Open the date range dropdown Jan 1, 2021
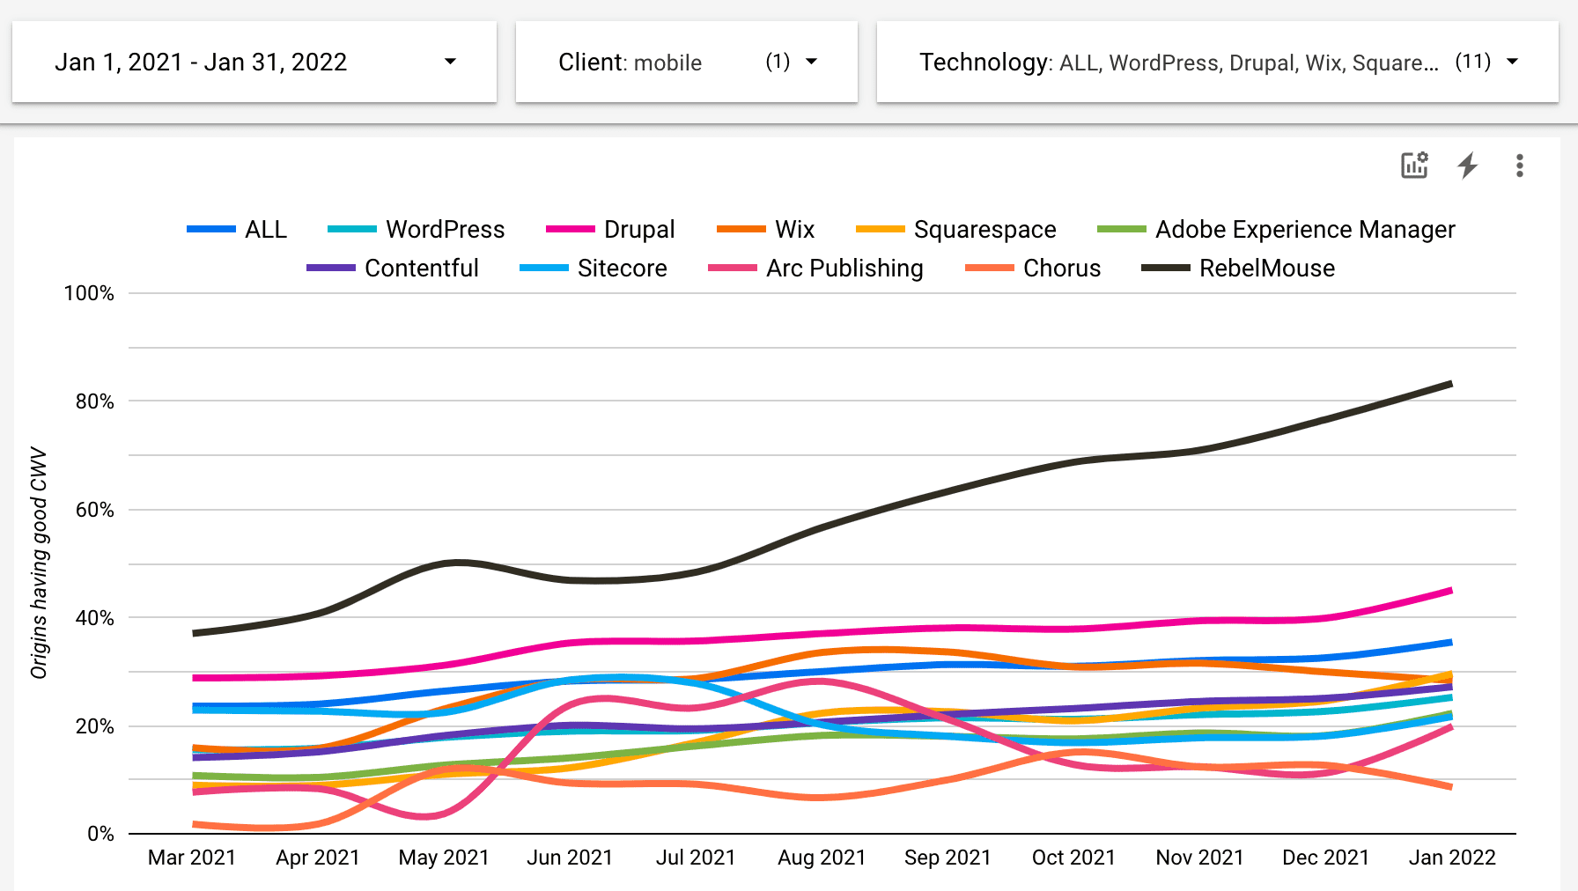point(254,63)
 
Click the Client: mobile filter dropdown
point(686,63)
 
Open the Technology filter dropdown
point(1217,63)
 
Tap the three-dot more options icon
point(1519,166)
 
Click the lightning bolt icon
point(1467,166)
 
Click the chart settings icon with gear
point(1414,166)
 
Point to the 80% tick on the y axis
point(95,401)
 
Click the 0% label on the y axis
point(100,834)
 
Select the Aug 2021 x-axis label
point(822,858)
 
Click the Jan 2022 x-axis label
point(1452,858)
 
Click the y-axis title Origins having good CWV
point(39,563)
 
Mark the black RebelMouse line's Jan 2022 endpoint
point(1450,384)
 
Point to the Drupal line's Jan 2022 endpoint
point(1450,590)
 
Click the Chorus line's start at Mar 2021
point(195,824)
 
